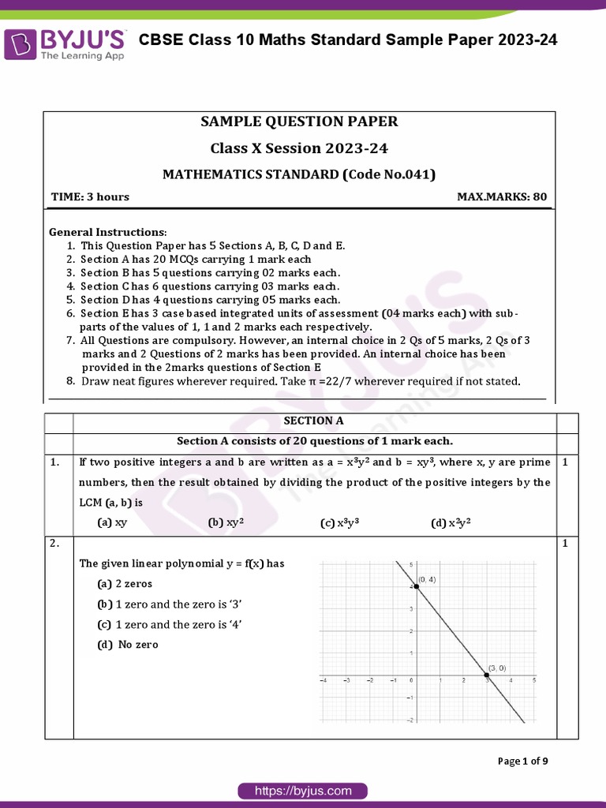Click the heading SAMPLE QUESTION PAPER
pyautogui.click(x=299, y=122)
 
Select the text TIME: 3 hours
pyautogui.click(x=90, y=196)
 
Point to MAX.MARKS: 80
pyautogui.click(x=502, y=196)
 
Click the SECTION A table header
pyautogui.click(x=313, y=421)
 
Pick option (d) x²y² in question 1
pyautogui.click(x=451, y=522)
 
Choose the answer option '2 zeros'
pyautogui.click(x=125, y=584)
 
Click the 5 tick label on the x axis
pyautogui.click(x=534, y=680)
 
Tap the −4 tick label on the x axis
pyautogui.click(x=323, y=680)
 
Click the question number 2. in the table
pyautogui.click(x=54, y=544)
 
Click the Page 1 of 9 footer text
pyautogui.click(x=522, y=761)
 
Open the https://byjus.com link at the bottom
pyautogui.click(x=302, y=791)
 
